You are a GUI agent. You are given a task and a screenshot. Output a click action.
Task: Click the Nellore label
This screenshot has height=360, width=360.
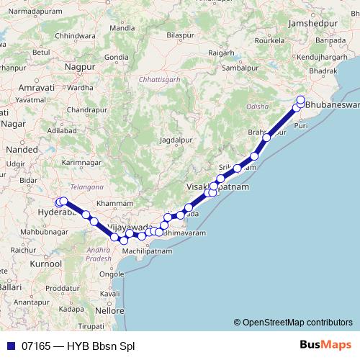(x=109, y=310)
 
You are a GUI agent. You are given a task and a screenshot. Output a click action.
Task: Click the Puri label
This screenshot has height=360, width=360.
(x=302, y=125)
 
